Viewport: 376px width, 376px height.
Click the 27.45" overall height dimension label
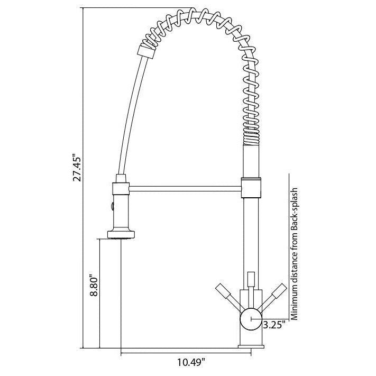pyautogui.click(x=77, y=169)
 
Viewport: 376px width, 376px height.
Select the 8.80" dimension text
pyautogui.click(x=93, y=286)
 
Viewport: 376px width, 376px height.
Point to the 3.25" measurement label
pyautogui.click(x=274, y=324)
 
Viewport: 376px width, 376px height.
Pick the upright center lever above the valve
pyautogui.click(x=251, y=279)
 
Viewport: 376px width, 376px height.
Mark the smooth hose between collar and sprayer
pyautogui.click(x=130, y=116)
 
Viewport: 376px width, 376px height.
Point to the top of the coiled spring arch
pyautogui.click(x=196, y=15)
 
